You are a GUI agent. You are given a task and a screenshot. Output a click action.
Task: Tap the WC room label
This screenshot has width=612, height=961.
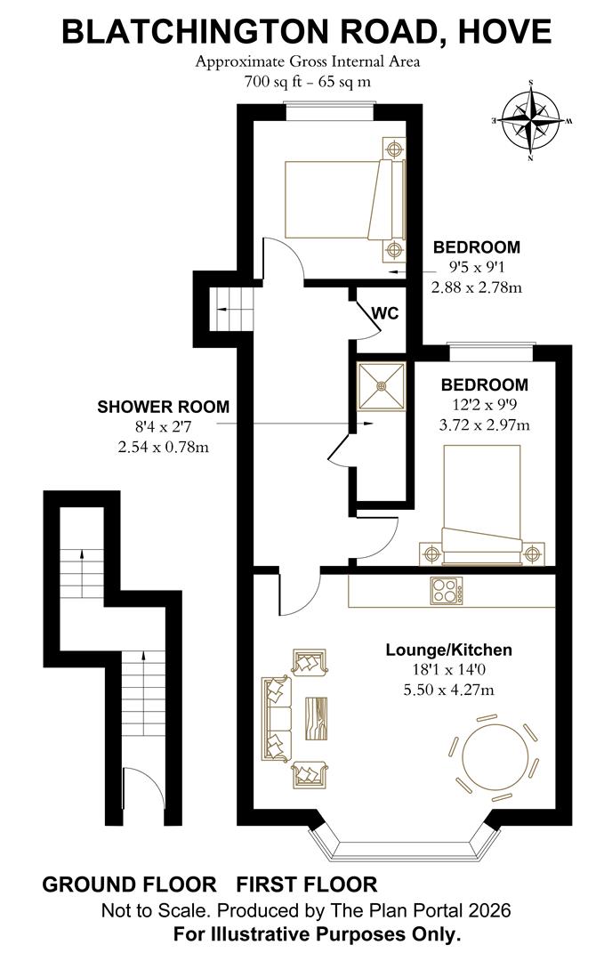[384, 314]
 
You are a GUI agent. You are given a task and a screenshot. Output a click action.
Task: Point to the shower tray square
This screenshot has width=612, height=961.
[382, 385]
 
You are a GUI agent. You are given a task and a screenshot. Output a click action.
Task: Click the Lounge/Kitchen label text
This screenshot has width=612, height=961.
[448, 650]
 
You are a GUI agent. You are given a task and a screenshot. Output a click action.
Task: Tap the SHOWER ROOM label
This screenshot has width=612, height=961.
[163, 408]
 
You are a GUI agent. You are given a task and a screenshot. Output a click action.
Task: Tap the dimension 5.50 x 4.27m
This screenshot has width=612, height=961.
[448, 690]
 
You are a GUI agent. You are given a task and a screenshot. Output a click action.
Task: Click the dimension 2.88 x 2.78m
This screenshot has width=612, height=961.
[476, 287]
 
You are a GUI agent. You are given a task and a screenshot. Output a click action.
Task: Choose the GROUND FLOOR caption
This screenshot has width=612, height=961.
[129, 884]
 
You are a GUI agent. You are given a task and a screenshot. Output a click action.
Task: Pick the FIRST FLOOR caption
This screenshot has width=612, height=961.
[306, 884]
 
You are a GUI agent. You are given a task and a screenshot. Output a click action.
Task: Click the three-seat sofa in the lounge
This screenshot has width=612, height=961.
[276, 717]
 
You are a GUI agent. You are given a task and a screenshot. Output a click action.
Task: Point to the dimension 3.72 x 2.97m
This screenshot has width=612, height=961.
[485, 424]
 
